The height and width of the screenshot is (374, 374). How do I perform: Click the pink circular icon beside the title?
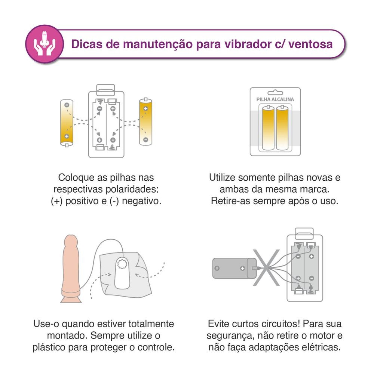point(44,44)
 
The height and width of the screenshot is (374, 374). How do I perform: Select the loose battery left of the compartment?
point(67,123)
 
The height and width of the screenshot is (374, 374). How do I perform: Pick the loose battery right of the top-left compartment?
point(145,122)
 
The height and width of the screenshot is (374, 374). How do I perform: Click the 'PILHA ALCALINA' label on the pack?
point(275,99)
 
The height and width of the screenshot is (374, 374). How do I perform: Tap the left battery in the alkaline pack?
point(269,128)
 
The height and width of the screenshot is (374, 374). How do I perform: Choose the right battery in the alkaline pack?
point(282,128)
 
